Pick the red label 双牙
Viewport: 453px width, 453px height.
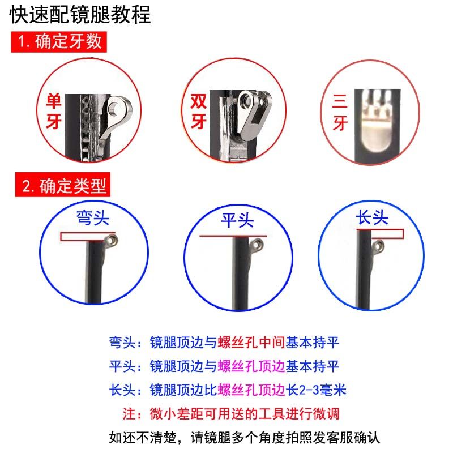click(197, 110)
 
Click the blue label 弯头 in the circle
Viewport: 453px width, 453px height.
click(92, 218)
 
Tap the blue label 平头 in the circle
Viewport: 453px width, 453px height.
click(237, 220)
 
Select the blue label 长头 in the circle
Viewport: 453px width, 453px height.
click(373, 217)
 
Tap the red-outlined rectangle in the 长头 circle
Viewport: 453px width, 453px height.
click(380, 233)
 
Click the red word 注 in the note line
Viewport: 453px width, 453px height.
click(129, 413)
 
